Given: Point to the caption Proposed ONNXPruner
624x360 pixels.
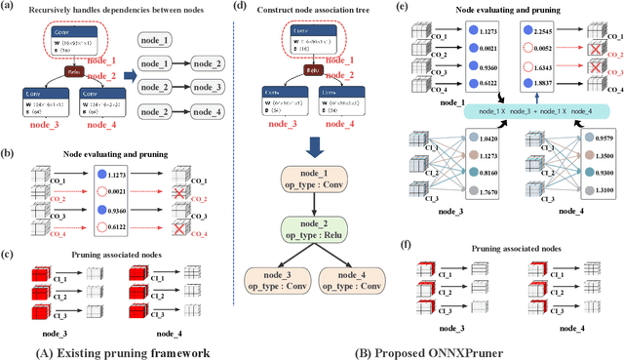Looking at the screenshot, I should coord(474,348).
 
